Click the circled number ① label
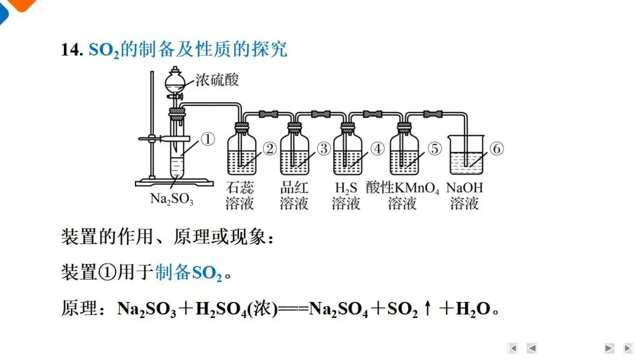click(207, 139)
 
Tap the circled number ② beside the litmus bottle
click(270, 149)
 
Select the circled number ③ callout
click(324, 149)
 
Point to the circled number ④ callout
click(378, 149)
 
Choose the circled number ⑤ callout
click(435, 149)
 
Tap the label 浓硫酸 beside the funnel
click(217, 80)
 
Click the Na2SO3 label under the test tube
click(172, 199)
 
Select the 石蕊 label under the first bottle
click(240, 188)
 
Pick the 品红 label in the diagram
click(294, 188)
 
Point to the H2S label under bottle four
click(346, 188)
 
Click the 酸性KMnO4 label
click(402, 188)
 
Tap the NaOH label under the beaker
click(464, 188)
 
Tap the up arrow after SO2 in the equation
click(427, 308)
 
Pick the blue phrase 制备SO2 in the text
click(189, 273)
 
